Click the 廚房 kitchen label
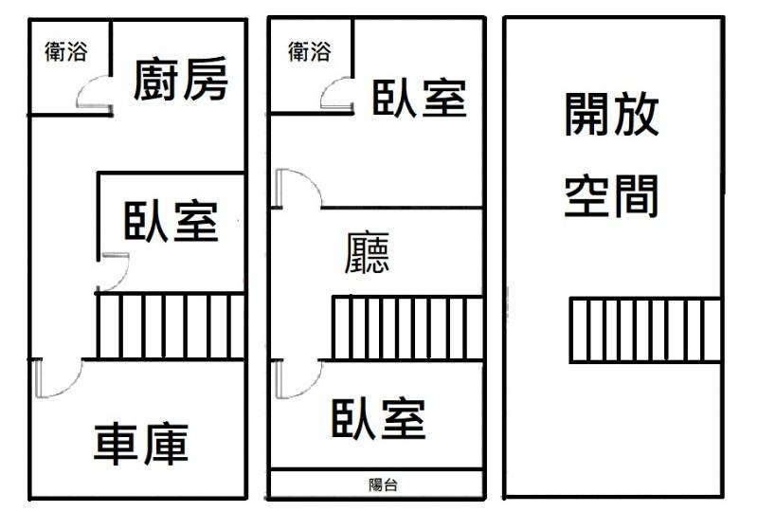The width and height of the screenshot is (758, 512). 180,79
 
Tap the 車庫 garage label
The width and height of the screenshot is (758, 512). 141,444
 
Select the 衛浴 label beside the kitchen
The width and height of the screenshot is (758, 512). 66,51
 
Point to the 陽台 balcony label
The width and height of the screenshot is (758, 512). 383,485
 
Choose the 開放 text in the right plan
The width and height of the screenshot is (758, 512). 611,114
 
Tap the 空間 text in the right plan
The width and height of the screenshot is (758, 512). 611,195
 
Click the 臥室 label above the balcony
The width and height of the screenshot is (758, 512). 378,418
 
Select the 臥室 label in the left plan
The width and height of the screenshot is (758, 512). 171,221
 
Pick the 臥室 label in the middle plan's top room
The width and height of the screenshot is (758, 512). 420,99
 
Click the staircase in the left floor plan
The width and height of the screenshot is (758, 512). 171,327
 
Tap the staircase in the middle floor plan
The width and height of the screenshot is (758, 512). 407,328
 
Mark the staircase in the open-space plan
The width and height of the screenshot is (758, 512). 645,330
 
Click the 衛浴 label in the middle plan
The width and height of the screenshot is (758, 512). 310,51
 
